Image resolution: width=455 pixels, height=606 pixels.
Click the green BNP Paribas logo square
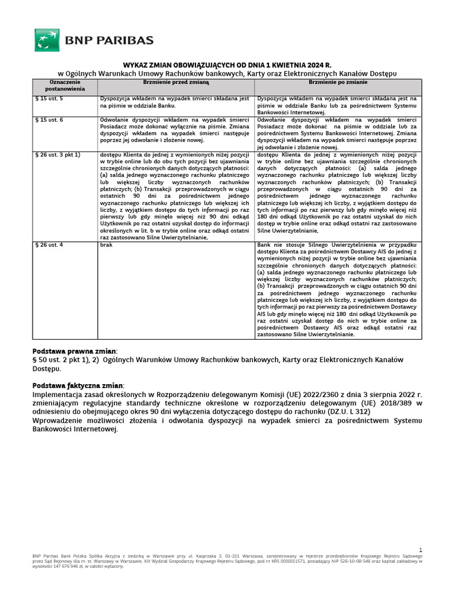click(46, 40)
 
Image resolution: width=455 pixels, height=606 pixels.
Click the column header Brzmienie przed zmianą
click(175, 82)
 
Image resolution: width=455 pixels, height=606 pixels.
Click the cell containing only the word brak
click(107, 244)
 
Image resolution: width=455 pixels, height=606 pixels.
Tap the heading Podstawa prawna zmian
click(75, 351)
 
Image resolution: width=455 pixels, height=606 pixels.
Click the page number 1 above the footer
click(420, 550)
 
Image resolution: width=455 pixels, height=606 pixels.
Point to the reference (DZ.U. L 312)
click(350, 412)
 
